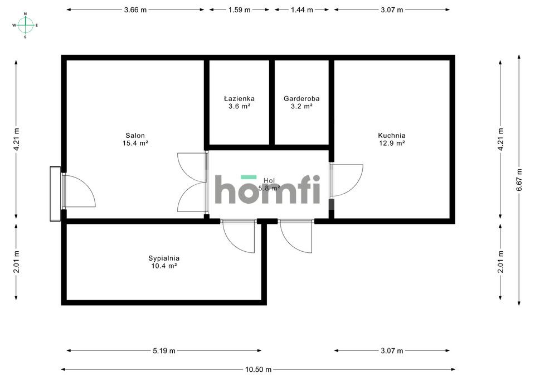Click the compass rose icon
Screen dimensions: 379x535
(26, 25)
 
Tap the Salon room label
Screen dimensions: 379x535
(135, 136)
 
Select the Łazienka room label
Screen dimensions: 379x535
(239, 99)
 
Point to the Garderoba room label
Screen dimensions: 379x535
(301, 99)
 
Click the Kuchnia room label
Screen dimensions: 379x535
(392, 135)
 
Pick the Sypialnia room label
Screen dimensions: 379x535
(164, 258)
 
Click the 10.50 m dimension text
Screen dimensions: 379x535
(258, 370)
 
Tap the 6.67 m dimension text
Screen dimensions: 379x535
(519, 180)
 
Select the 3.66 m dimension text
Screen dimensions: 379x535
(135, 9)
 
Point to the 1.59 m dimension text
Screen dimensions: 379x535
(239, 9)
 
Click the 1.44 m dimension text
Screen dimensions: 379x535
(301, 9)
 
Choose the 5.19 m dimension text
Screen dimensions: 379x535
(164, 351)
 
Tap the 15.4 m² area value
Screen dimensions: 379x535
(135, 143)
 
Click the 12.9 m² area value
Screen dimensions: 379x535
(392, 143)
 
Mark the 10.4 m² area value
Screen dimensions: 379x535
(164, 266)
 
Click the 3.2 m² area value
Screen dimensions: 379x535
(301, 106)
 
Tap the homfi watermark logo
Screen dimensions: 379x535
(267, 190)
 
